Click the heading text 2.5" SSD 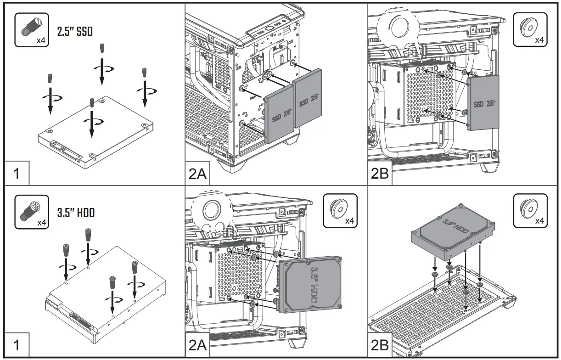tap(74, 32)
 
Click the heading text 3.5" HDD tap(76, 213)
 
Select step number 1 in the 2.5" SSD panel tap(16, 174)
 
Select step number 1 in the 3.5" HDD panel tap(16, 345)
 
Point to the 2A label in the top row tap(198, 174)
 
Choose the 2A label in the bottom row tap(198, 345)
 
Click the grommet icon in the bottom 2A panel tap(340, 211)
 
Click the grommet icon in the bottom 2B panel tap(529, 211)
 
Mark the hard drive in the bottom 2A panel tap(311, 285)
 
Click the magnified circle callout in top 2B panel tap(397, 27)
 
